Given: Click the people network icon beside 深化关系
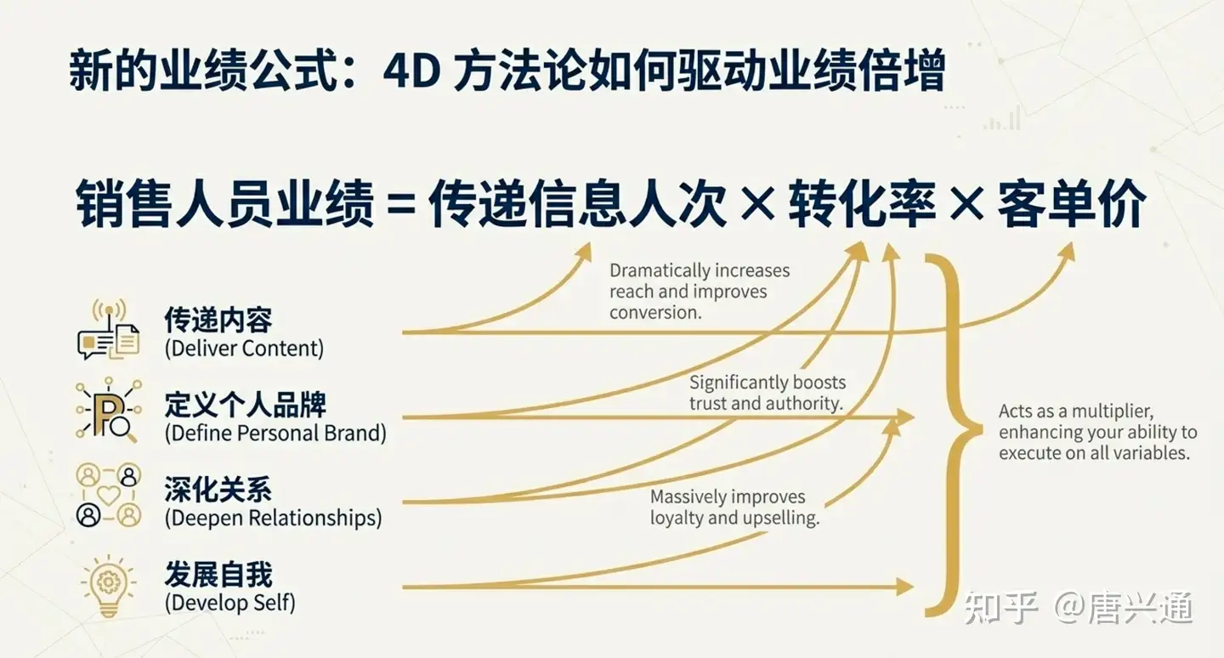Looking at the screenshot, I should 109,496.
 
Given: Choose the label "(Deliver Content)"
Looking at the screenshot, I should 244,349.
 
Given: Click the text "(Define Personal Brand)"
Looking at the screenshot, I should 275,433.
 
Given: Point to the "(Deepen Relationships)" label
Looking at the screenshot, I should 273,518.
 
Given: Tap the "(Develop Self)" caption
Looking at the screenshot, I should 229,603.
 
